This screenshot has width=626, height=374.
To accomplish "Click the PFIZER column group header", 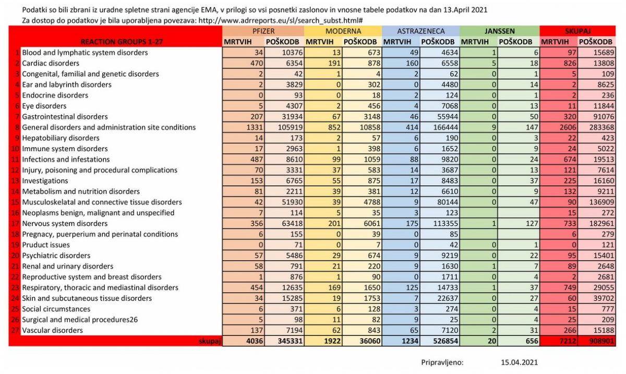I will pos(263,31).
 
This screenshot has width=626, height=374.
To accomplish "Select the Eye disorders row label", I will pos(44,106).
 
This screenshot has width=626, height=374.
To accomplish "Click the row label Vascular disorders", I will pos(52,330).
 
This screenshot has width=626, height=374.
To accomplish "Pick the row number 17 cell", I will pos(16,223).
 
